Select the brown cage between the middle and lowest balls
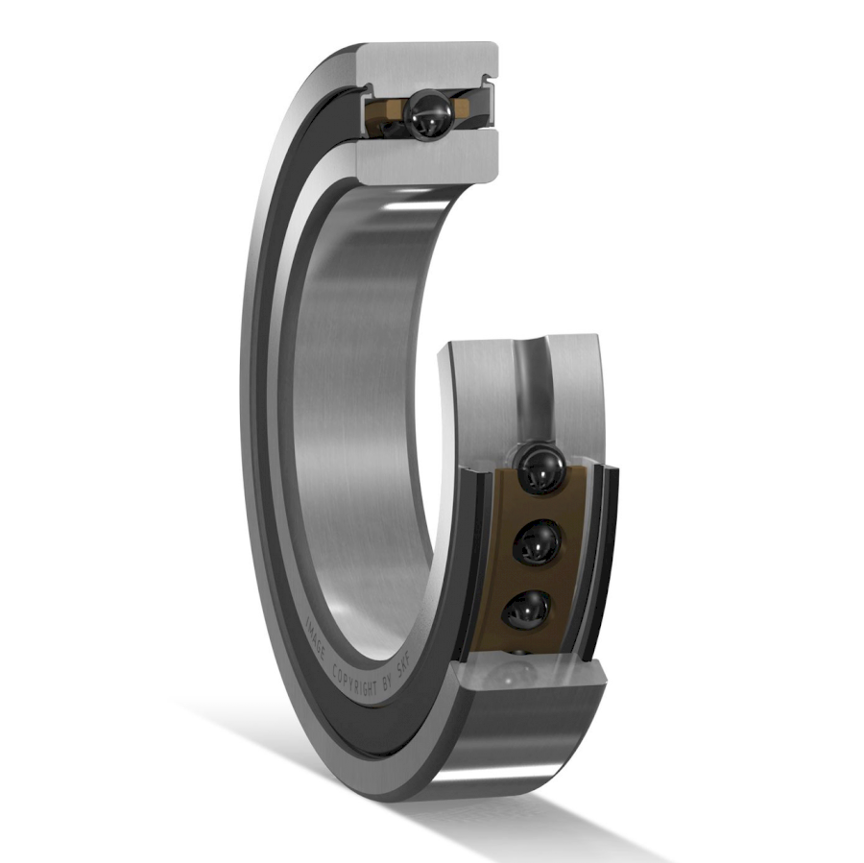coord(533,578)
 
